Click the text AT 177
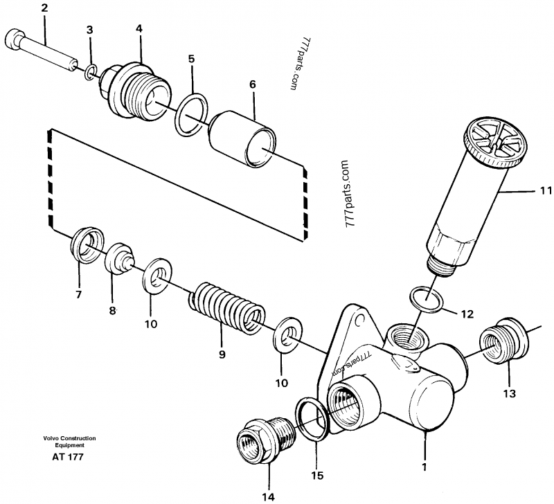coord(68,458)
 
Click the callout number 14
coord(268,495)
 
